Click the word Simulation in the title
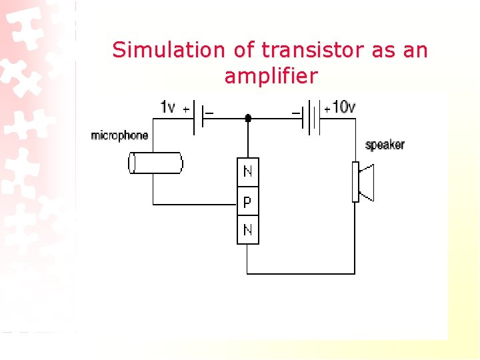(x=159, y=50)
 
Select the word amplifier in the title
(x=271, y=76)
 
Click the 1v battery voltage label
(x=169, y=107)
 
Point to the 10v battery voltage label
(x=344, y=107)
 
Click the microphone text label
(x=119, y=136)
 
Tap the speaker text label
(x=385, y=145)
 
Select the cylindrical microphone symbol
(x=156, y=163)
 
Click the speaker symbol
(x=364, y=181)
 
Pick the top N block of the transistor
(x=247, y=172)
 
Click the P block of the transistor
(x=247, y=201)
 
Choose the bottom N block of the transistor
(x=247, y=231)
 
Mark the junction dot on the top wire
(x=248, y=118)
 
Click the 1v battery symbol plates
(x=197, y=118)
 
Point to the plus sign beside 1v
(x=185, y=109)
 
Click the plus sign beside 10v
(x=327, y=109)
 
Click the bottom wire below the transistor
(x=300, y=273)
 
